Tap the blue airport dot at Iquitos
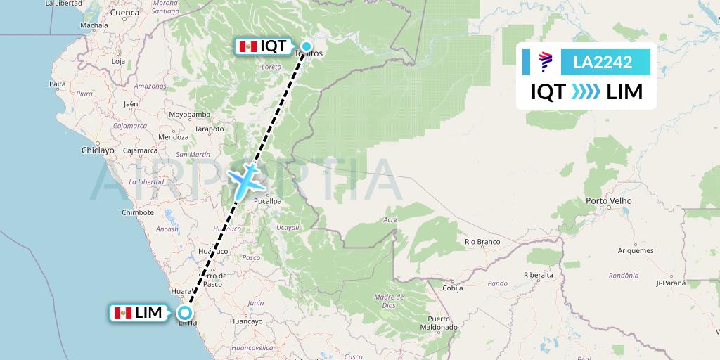click(307, 46)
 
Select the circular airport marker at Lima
click(185, 313)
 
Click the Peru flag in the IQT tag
click(247, 46)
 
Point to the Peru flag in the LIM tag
click(124, 313)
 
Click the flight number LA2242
click(603, 63)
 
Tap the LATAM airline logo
click(544, 63)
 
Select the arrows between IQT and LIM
click(586, 92)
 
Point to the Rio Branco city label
click(482, 242)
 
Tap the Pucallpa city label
click(267, 201)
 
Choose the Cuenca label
click(124, 13)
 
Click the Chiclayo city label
click(97, 150)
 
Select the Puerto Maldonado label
click(439, 323)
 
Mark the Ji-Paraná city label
click(670, 283)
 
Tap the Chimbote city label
click(137, 212)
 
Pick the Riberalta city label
click(539, 275)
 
